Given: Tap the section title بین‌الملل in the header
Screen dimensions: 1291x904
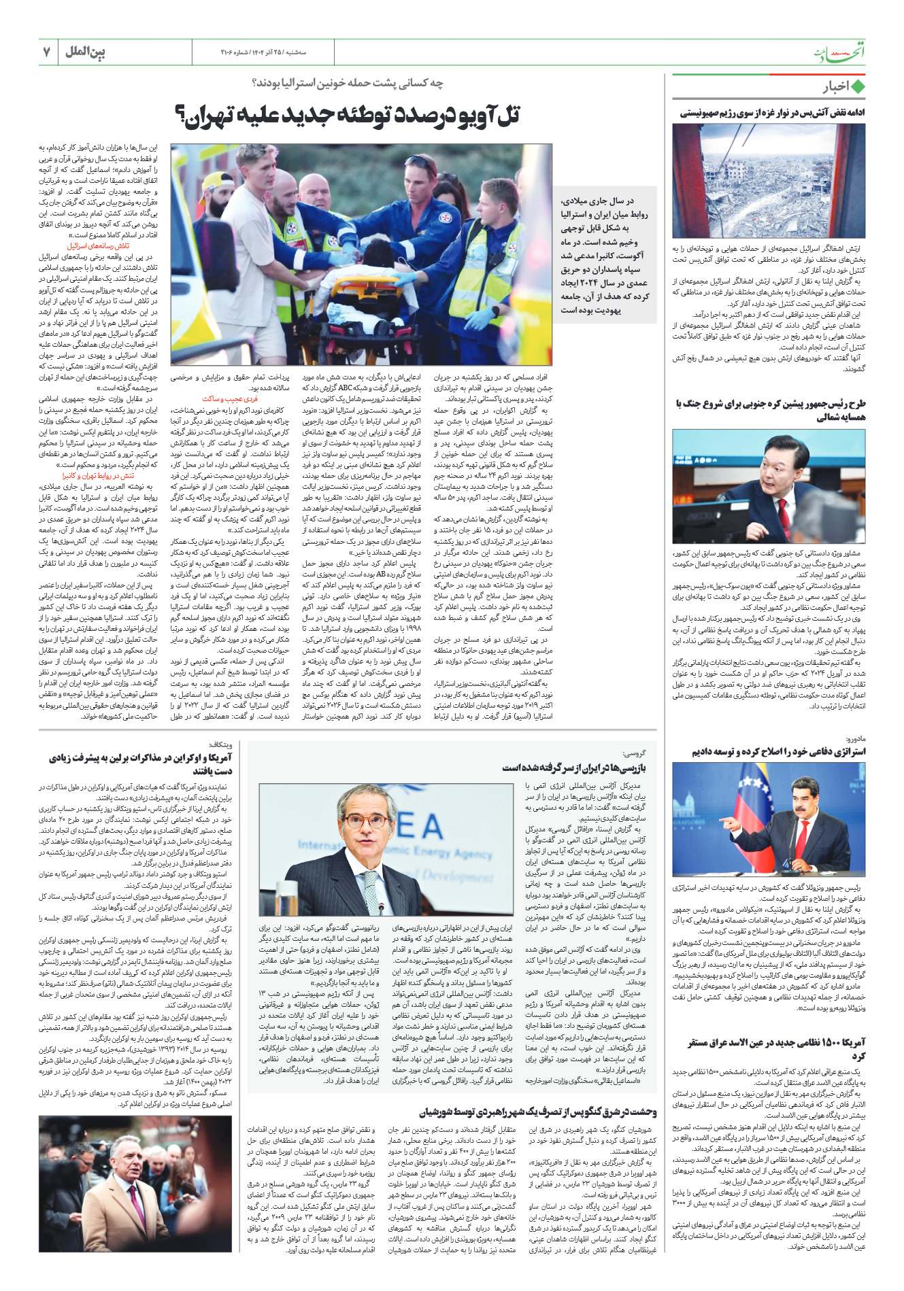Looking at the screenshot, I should (x=86, y=52).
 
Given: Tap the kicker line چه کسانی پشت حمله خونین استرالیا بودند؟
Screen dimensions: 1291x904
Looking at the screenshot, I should (x=348, y=83).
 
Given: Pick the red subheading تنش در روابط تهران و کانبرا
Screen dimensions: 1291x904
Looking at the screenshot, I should (x=99, y=476).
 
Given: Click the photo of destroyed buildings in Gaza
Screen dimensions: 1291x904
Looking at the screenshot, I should (x=769, y=180).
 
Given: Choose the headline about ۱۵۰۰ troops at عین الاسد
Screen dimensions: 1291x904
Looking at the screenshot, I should (x=776, y=1048).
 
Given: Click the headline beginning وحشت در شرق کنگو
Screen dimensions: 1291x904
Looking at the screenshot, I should (x=538, y=1112).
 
